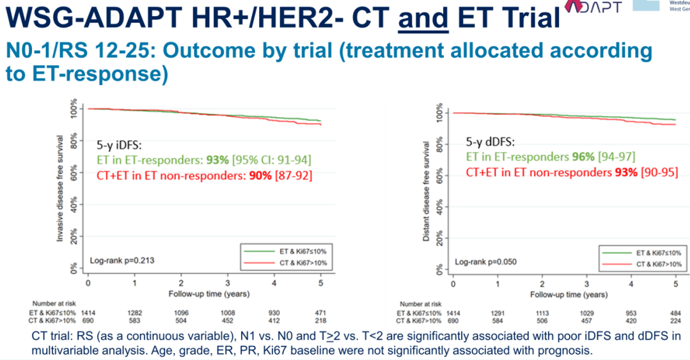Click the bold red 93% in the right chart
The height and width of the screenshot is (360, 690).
[x=625, y=172]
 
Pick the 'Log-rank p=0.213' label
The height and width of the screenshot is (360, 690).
[x=122, y=261]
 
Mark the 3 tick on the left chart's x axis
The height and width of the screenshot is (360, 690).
[x=228, y=283]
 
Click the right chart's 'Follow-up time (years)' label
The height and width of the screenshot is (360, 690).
[x=568, y=295]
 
